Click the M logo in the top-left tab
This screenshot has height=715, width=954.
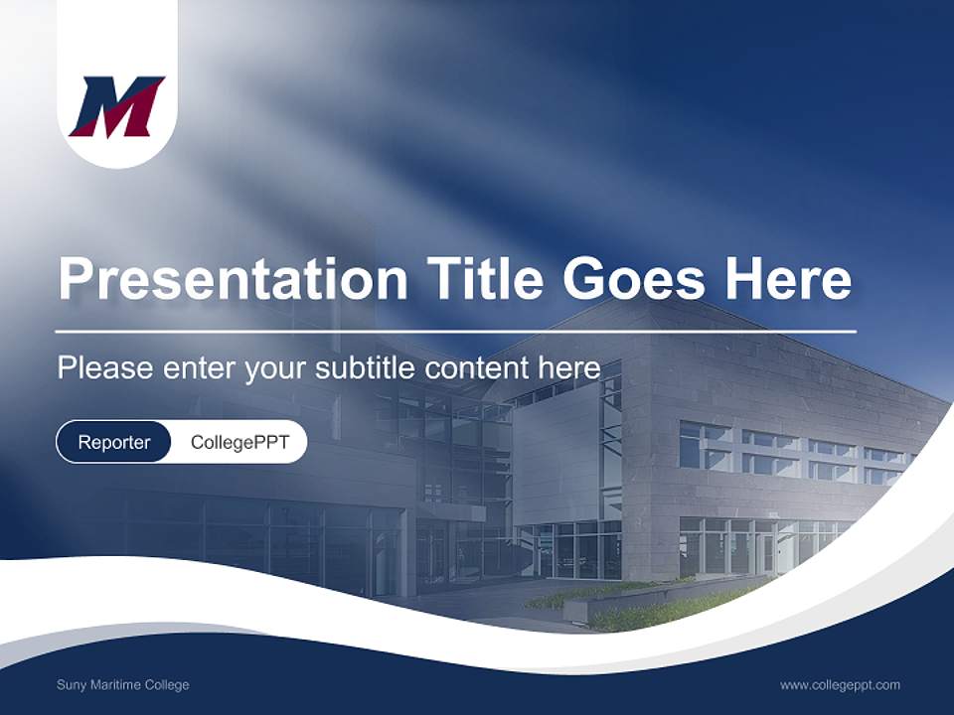click(116, 107)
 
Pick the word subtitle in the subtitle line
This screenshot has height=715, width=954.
click(367, 367)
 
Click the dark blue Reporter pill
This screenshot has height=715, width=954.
click(114, 442)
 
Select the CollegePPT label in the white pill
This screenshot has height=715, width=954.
click(239, 442)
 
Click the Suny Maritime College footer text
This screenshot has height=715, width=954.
click(122, 685)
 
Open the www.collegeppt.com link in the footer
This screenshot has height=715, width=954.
click(840, 685)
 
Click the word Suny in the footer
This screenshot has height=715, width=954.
click(72, 685)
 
